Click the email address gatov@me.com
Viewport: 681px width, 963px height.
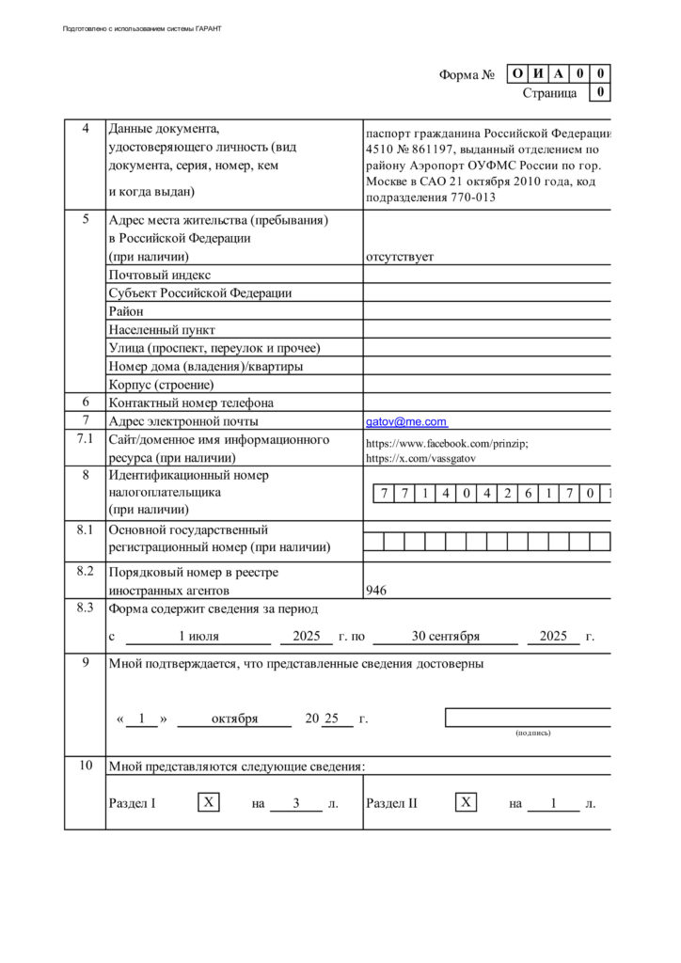[406, 422]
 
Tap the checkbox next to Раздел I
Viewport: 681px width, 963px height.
[209, 803]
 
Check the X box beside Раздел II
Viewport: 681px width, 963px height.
[466, 803]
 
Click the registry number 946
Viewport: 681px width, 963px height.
[376, 591]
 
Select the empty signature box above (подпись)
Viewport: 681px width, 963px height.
[529, 718]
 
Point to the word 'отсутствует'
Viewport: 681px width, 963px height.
[400, 257]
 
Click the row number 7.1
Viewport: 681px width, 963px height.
[86, 440]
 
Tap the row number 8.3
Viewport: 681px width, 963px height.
[86, 608]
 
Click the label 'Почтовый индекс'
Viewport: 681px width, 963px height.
[160, 275]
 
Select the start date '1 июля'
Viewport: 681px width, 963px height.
[198, 637]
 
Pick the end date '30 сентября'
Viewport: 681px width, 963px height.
[445, 637]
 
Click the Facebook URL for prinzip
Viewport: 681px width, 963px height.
[447, 444]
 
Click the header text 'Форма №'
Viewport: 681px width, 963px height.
[467, 75]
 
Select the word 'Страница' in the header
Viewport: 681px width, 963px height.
[549, 93]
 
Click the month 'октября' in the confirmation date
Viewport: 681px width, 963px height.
[234, 719]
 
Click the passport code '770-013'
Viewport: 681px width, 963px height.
[471, 197]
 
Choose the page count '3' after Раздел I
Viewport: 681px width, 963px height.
[295, 804]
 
